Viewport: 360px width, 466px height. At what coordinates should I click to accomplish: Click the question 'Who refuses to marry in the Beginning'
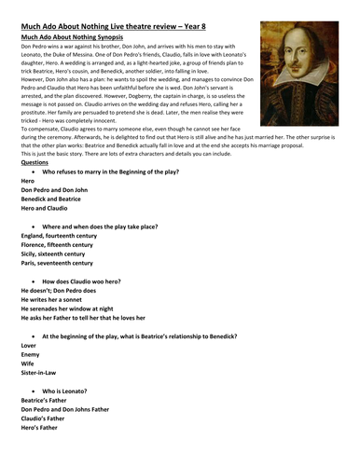(116, 199)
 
